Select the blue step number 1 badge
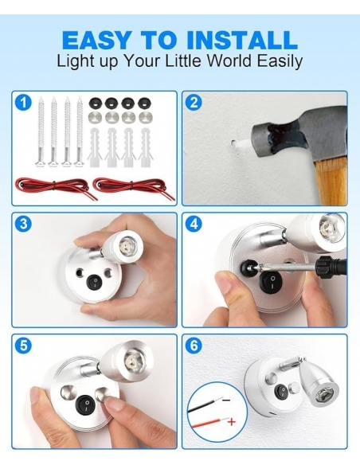(x=23, y=103)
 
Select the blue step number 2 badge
(x=194, y=103)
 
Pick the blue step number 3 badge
(x=23, y=224)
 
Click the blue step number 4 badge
(x=194, y=224)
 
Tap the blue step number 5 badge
(x=23, y=346)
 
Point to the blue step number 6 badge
(x=194, y=346)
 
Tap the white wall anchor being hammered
(x=241, y=144)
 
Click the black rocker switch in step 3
(x=94, y=282)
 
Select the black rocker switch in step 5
(x=85, y=404)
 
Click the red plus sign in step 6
(x=232, y=421)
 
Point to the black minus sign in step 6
(x=226, y=400)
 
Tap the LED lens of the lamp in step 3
(x=127, y=244)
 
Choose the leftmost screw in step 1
(x=41, y=131)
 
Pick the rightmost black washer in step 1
(x=144, y=104)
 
